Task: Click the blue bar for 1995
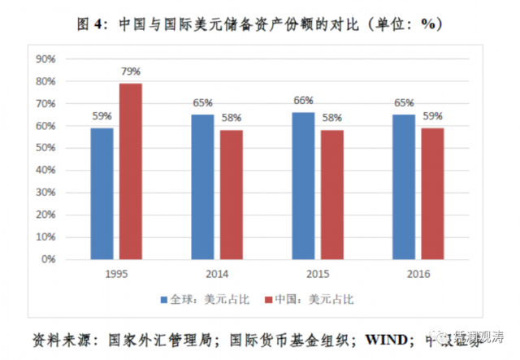103,193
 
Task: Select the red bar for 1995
130,171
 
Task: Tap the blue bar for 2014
203,187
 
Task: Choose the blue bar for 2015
303,185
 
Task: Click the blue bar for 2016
403,187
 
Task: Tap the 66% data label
303,102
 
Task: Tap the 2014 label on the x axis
216,274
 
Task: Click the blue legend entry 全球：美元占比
198,300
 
